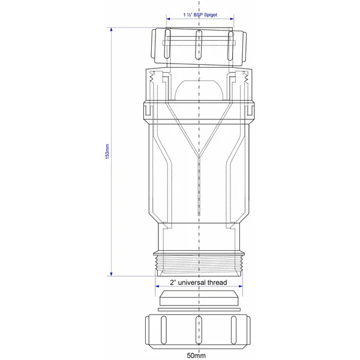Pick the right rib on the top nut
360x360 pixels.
(x=231, y=47)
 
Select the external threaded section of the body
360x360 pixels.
(x=198, y=263)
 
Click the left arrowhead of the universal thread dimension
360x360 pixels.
(x=155, y=281)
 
